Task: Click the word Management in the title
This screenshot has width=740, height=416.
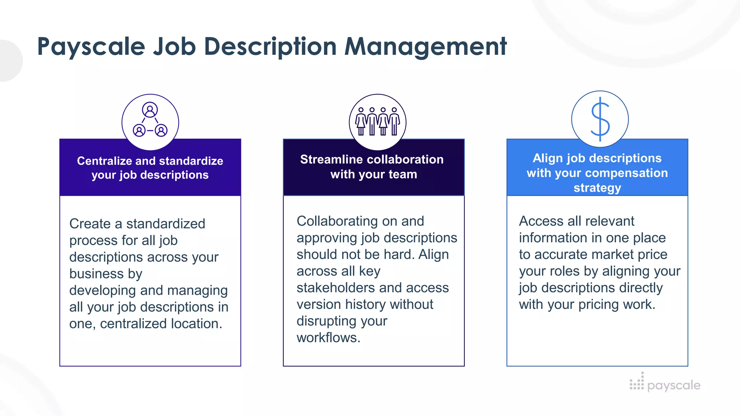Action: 426,47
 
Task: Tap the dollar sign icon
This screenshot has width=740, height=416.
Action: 600,119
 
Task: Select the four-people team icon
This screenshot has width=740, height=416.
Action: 378,122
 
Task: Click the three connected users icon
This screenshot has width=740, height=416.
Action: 150,121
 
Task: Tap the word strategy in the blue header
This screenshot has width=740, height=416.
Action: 597,188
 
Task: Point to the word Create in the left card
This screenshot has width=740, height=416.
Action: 90,224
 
